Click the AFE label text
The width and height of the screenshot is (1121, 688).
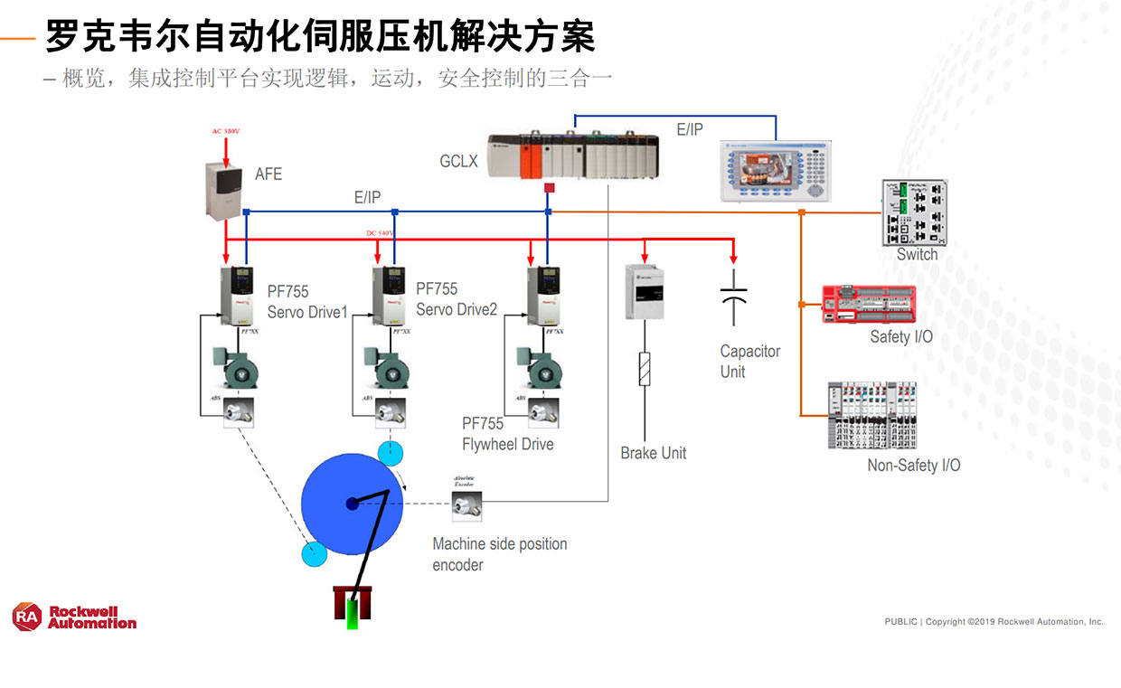click(268, 174)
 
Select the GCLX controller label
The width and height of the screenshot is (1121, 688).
click(458, 162)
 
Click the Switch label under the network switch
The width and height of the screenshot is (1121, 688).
click(917, 255)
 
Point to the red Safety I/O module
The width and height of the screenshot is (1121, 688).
click(868, 305)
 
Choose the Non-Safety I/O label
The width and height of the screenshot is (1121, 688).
click(913, 466)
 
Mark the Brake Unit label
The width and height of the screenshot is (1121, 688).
click(653, 453)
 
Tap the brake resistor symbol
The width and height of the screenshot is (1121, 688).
click(645, 369)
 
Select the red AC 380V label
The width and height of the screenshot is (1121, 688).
click(226, 132)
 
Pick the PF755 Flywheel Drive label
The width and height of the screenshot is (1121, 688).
click(507, 434)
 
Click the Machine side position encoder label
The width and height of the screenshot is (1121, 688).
click(499, 554)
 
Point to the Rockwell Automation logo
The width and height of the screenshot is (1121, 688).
click(74, 617)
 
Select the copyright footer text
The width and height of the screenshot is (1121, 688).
click(994, 622)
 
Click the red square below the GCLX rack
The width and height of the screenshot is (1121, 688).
click(548, 188)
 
